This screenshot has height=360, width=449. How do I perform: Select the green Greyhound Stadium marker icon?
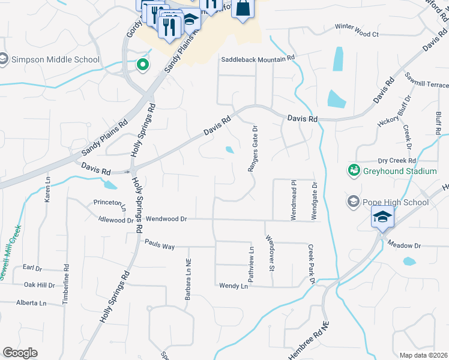354,171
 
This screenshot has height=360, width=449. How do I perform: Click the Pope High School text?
396,202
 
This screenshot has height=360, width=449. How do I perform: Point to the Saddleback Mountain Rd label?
259,59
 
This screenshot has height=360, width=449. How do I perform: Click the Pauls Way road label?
160,244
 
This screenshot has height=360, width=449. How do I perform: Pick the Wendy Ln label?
234,286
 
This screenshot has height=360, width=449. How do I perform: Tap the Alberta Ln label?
31,303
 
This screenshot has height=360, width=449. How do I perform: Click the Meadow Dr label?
405,245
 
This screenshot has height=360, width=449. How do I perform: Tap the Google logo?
20,353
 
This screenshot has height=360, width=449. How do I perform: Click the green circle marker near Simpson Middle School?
143,65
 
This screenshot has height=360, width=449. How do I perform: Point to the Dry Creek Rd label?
397,161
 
